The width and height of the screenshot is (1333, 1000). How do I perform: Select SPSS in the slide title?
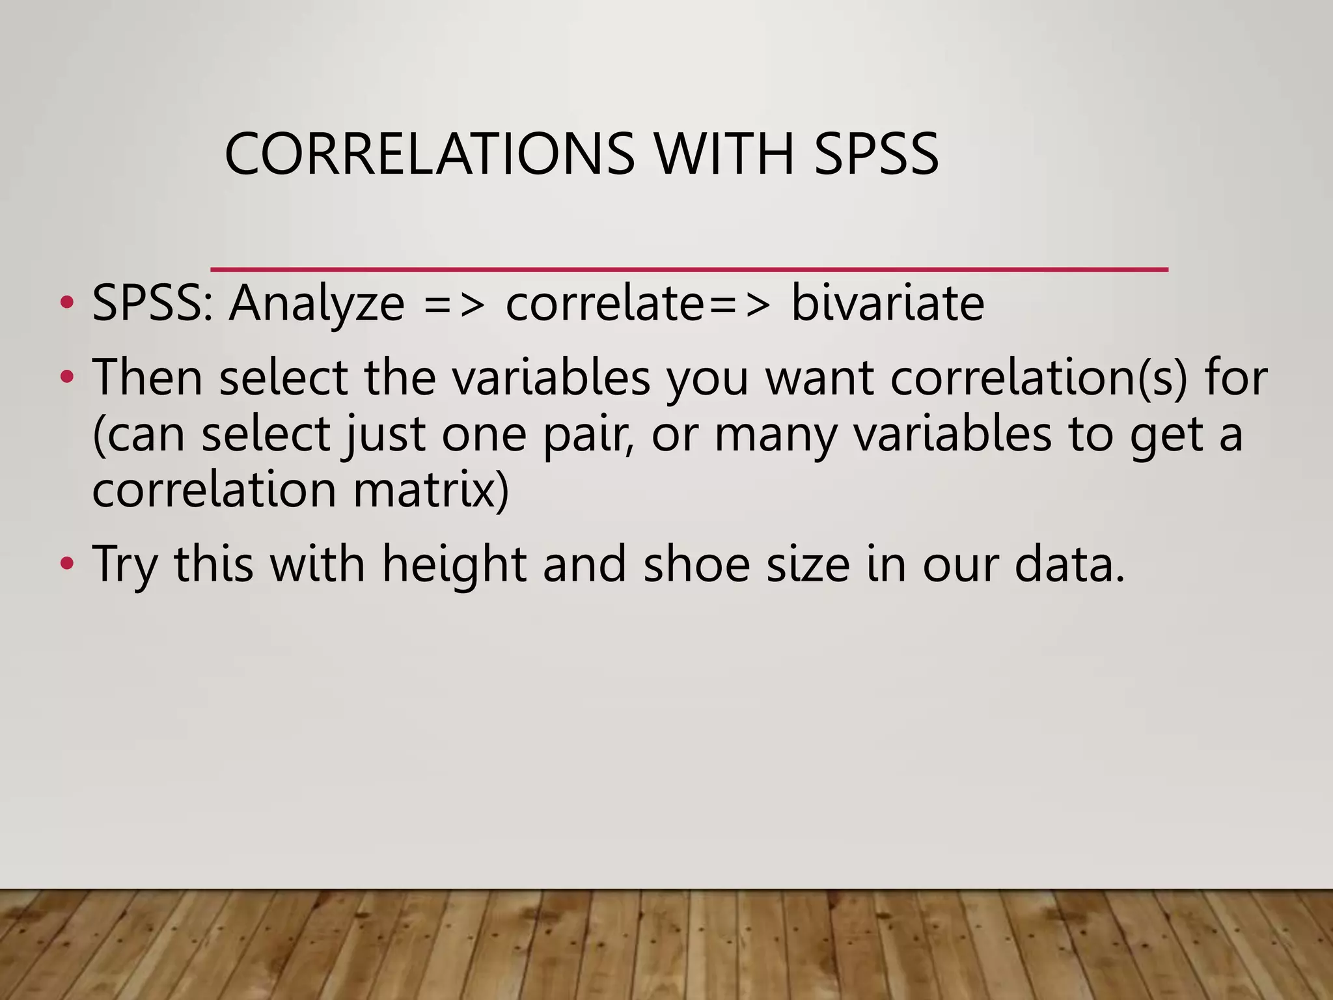pyautogui.click(x=876, y=154)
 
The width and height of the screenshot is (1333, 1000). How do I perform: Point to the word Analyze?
pyautogui.click(x=316, y=303)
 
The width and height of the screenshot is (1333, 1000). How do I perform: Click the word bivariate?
pyautogui.click(x=887, y=303)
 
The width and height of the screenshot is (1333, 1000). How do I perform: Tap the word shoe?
pyautogui.click(x=696, y=564)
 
